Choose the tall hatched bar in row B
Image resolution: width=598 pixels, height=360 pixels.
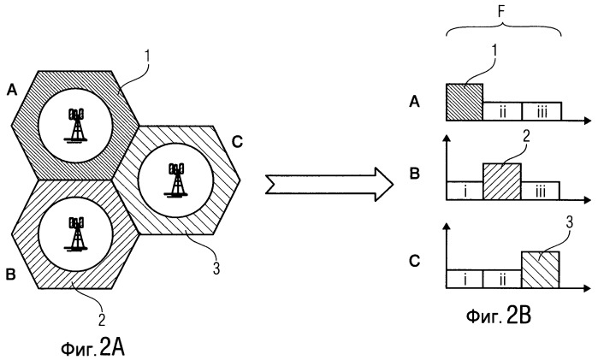pos(502,180)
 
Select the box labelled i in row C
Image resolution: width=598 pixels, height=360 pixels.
pos(465,279)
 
